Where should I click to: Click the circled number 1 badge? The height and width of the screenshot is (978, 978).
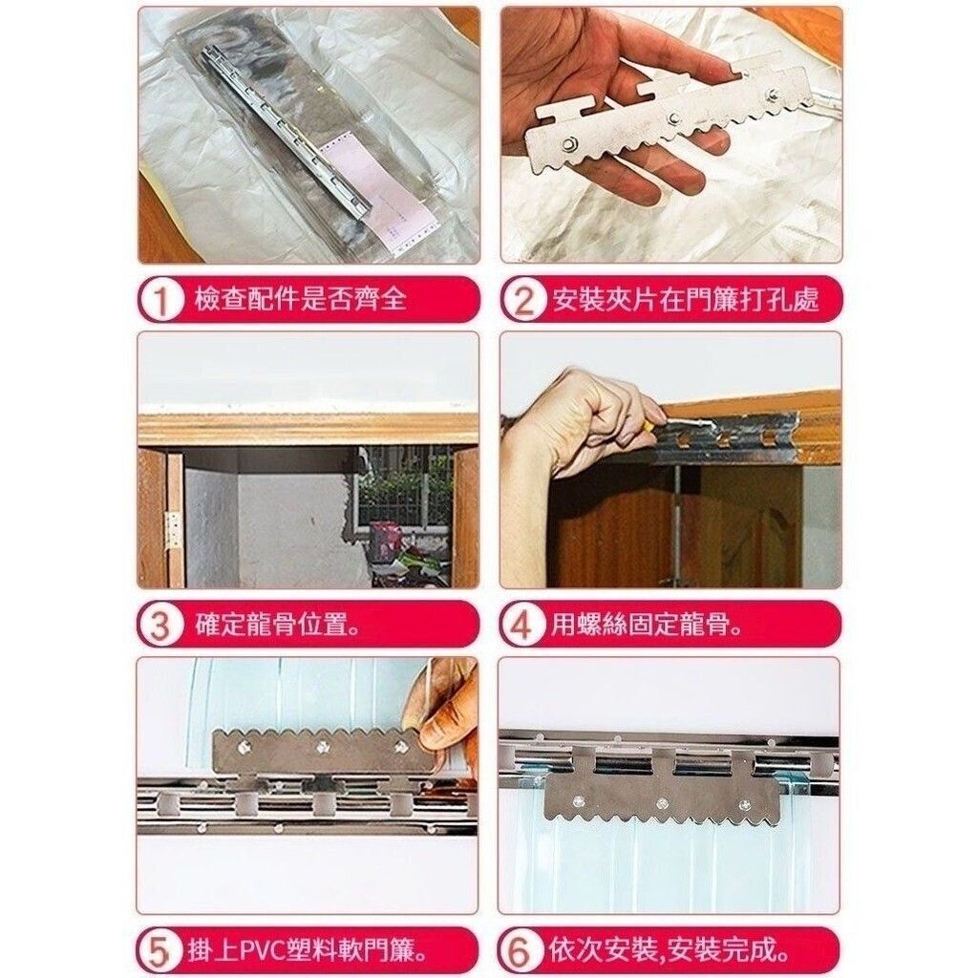pos(160,299)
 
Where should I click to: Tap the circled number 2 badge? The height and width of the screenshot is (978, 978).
pos(523,299)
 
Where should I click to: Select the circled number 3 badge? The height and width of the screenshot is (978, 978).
pos(160,625)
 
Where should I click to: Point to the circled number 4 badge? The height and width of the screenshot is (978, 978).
pos(522,625)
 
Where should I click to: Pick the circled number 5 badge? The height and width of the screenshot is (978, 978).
pos(160,952)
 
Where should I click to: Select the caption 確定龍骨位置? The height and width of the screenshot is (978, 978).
pos(278,625)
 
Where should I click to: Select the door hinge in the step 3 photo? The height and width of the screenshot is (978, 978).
pos(175,531)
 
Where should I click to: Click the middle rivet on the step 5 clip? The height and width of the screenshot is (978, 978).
pos(323,745)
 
